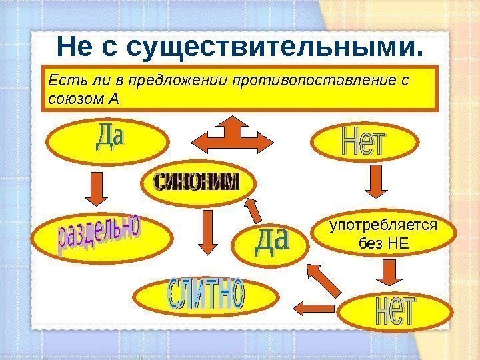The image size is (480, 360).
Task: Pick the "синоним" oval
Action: (x=195, y=181)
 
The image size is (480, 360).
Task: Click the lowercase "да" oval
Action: (x=271, y=243)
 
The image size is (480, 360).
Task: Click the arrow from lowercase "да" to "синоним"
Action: (x=253, y=210)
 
